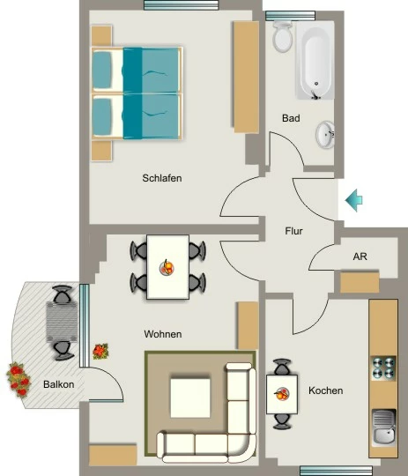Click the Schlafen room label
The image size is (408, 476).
coord(162,178)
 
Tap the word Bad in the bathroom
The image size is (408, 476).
coord(291,118)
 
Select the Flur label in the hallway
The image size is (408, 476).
coord(293,231)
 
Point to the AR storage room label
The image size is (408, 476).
coord(360,257)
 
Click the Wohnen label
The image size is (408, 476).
coord(163,334)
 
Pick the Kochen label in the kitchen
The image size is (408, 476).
coord(326,390)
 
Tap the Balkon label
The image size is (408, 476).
coord(58,384)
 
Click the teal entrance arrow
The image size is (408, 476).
coord(354,200)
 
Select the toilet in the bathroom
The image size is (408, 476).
coord(283,36)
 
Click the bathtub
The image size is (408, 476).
coord(315,60)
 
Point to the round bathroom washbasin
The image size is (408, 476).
coord(325,135)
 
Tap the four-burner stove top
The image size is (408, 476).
coord(384,368)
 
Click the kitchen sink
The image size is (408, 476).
coord(384,428)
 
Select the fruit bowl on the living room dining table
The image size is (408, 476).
coord(167,268)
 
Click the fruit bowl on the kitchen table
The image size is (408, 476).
coord(281,394)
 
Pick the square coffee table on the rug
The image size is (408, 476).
coord(190,398)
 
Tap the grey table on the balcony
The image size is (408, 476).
coord(62,322)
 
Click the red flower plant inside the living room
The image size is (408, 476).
coord(100,351)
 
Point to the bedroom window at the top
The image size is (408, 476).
coord(181,5)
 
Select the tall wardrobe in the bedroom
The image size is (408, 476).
coord(246,77)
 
